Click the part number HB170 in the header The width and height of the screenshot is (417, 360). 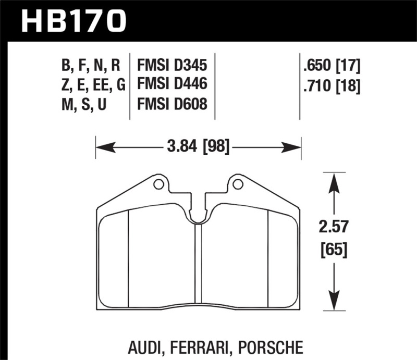point(73,21)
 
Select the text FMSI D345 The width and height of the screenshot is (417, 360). point(172,66)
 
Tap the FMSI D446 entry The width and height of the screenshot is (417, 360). point(172,85)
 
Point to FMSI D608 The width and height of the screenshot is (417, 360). point(172,104)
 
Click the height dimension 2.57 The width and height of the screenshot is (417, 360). point(334,227)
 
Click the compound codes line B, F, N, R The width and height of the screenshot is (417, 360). point(91,66)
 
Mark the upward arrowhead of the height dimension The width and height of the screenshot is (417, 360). point(334,180)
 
